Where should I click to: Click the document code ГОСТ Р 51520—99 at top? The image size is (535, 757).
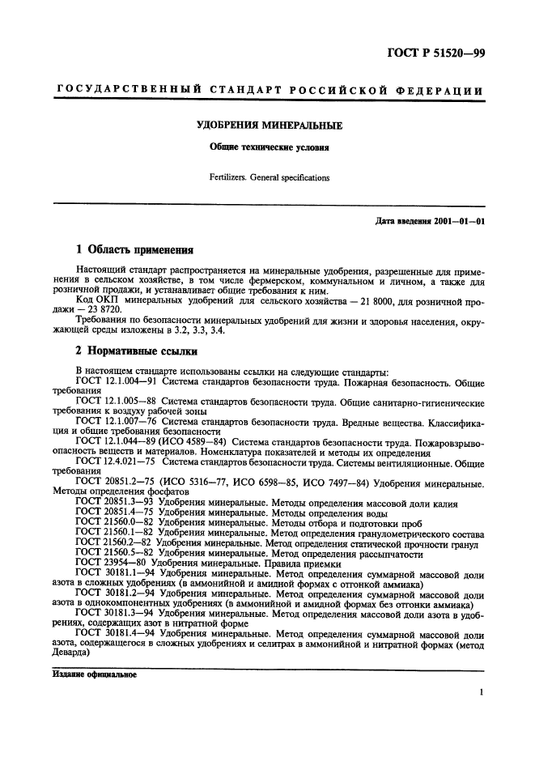(434, 53)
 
